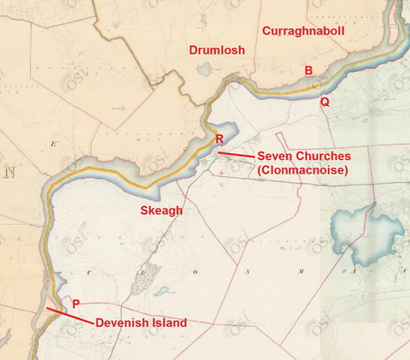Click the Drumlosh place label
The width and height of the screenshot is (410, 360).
click(217, 50)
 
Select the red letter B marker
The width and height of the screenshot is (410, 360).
click(308, 70)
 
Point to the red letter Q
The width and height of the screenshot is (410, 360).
click(325, 101)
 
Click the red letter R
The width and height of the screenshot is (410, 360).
click(219, 139)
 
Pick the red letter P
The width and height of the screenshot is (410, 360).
click(76, 304)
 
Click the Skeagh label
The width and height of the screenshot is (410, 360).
click(161, 210)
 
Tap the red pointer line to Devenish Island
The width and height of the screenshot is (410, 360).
click(68, 316)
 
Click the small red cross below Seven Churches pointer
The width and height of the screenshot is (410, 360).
click(220, 173)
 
